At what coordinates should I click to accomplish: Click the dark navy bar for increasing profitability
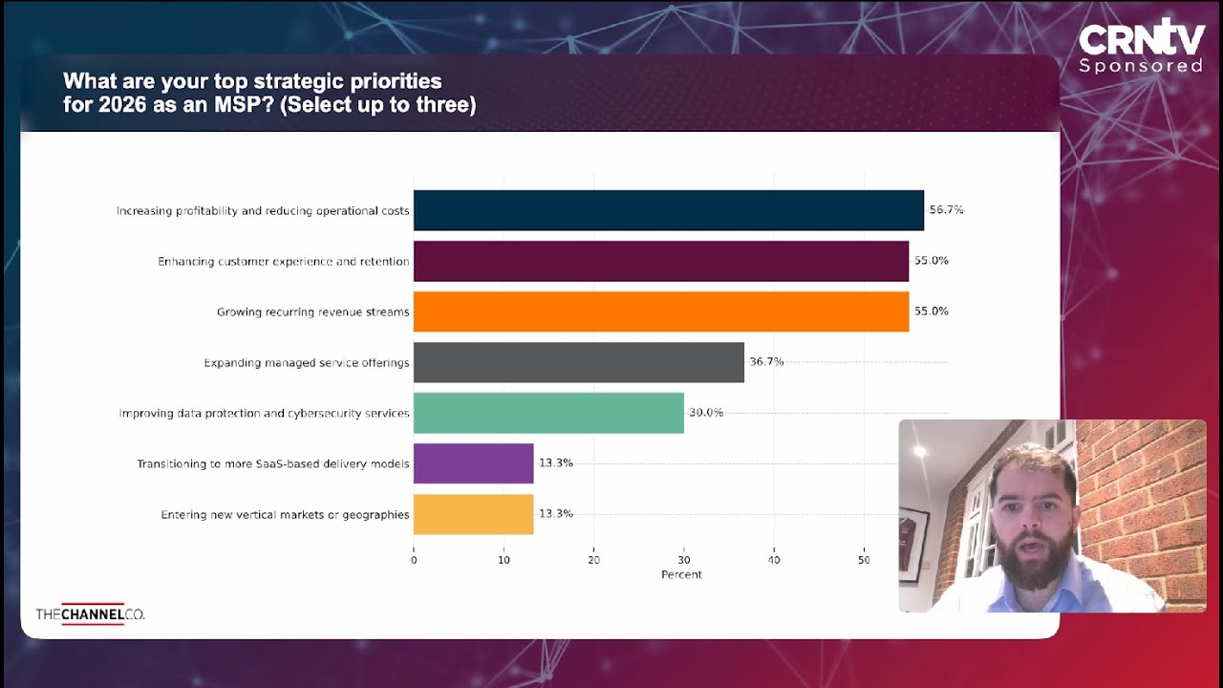click(x=668, y=210)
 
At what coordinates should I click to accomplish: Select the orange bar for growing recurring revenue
click(x=660, y=312)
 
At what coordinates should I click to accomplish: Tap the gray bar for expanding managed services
click(x=578, y=362)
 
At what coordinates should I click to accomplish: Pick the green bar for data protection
click(x=548, y=413)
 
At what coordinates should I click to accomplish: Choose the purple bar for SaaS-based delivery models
click(x=473, y=463)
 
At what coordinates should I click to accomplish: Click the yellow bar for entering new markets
click(x=473, y=514)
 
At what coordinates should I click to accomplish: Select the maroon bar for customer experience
click(x=660, y=261)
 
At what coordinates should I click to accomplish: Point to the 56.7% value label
click(x=946, y=210)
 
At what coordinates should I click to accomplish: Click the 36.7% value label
click(x=766, y=362)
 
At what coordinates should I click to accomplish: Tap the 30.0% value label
click(x=706, y=413)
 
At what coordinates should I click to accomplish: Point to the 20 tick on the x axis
click(x=593, y=560)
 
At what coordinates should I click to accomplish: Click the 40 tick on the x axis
click(x=774, y=560)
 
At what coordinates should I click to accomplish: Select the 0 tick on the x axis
click(x=414, y=560)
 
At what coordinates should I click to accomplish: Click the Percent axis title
click(x=681, y=574)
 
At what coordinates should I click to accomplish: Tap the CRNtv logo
click(x=1141, y=38)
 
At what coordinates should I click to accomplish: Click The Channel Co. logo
click(x=90, y=614)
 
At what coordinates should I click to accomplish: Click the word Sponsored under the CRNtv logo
click(x=1141, y=66)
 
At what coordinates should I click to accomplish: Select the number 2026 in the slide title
click(x=129, y=104)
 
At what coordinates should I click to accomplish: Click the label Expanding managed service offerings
click(x=307, y=363)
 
